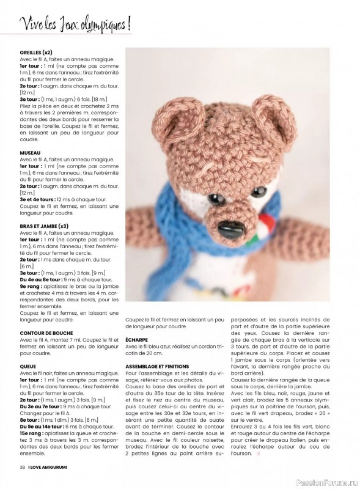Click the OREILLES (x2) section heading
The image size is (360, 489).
[40, 53]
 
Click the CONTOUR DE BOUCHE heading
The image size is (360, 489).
[46, 333]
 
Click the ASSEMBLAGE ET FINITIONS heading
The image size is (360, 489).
[157, 366]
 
